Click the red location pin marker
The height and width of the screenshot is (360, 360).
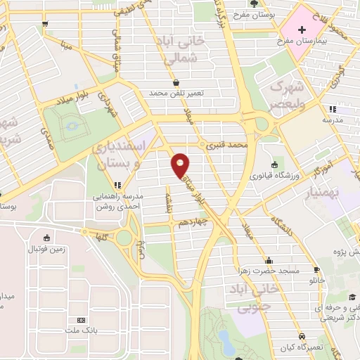click(x=181, y=165)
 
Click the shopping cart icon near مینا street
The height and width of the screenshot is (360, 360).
click(x=46, y=23)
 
